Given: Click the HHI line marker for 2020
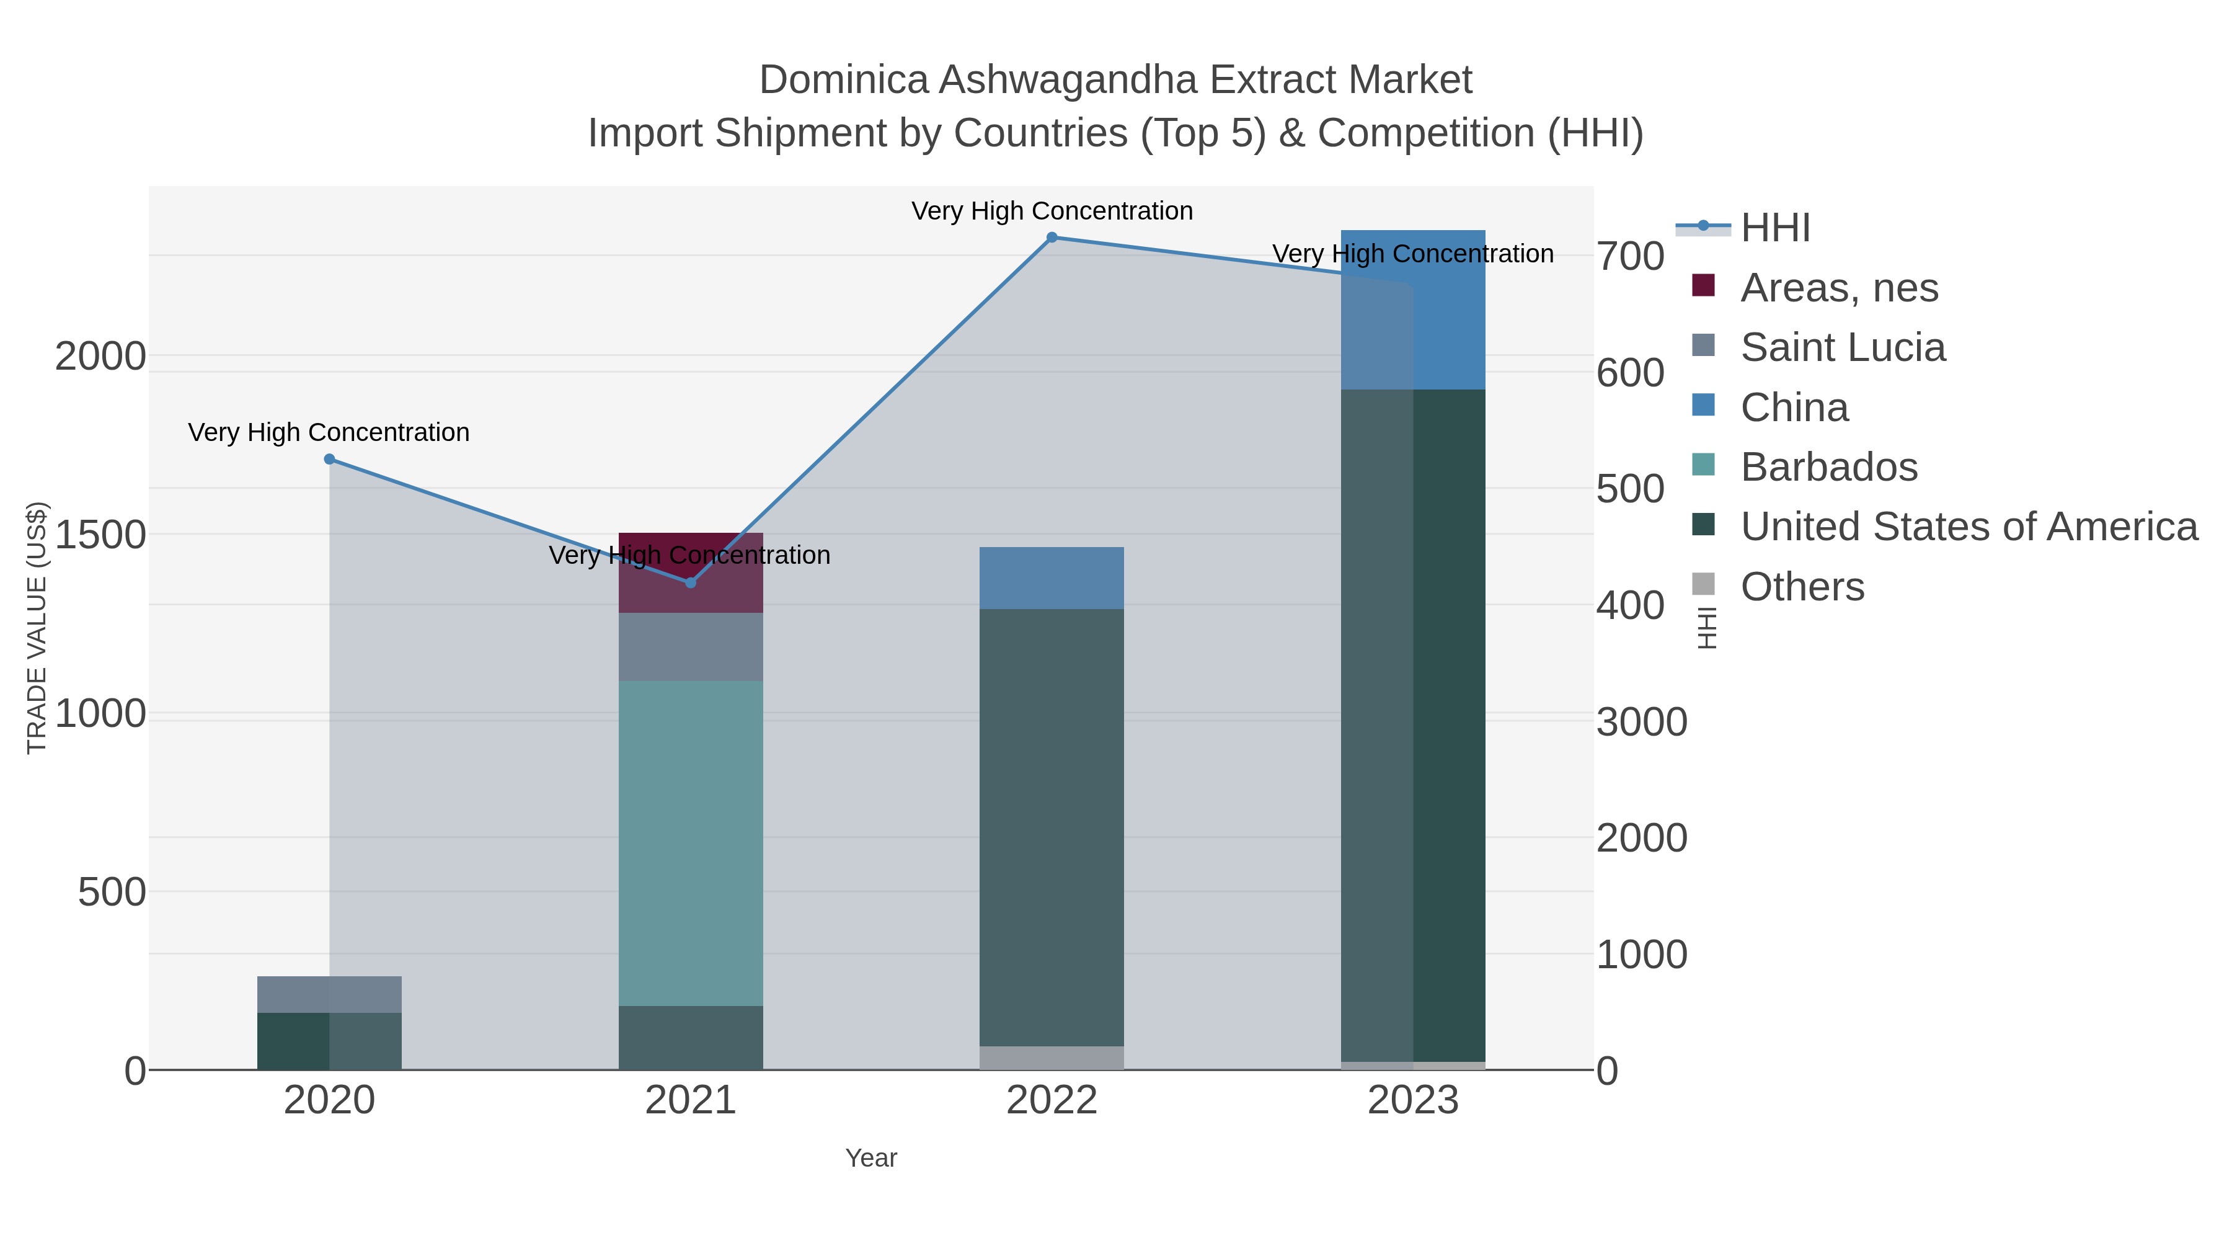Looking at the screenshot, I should click(329, 460).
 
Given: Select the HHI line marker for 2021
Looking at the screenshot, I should click(691, 582).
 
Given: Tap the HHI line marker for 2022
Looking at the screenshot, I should click(1052, 238).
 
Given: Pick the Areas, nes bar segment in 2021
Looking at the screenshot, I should click(691, 572).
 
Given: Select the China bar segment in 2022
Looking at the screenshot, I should click(1052, 578).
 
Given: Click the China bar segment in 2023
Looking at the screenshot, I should click(1413, 310).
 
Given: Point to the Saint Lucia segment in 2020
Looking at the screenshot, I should click(329, 994).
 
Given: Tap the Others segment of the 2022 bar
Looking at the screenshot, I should click(1052, 1058).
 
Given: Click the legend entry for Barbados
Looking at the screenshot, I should click(1828, 467).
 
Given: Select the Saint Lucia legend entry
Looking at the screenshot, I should click(1842, 347).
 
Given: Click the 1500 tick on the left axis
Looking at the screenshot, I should click(100, 535).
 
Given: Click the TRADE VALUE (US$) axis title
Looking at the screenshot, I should click(37, 628).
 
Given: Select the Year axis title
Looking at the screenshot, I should click(871, 1158).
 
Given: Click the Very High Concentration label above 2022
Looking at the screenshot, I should click(1052, 211).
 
